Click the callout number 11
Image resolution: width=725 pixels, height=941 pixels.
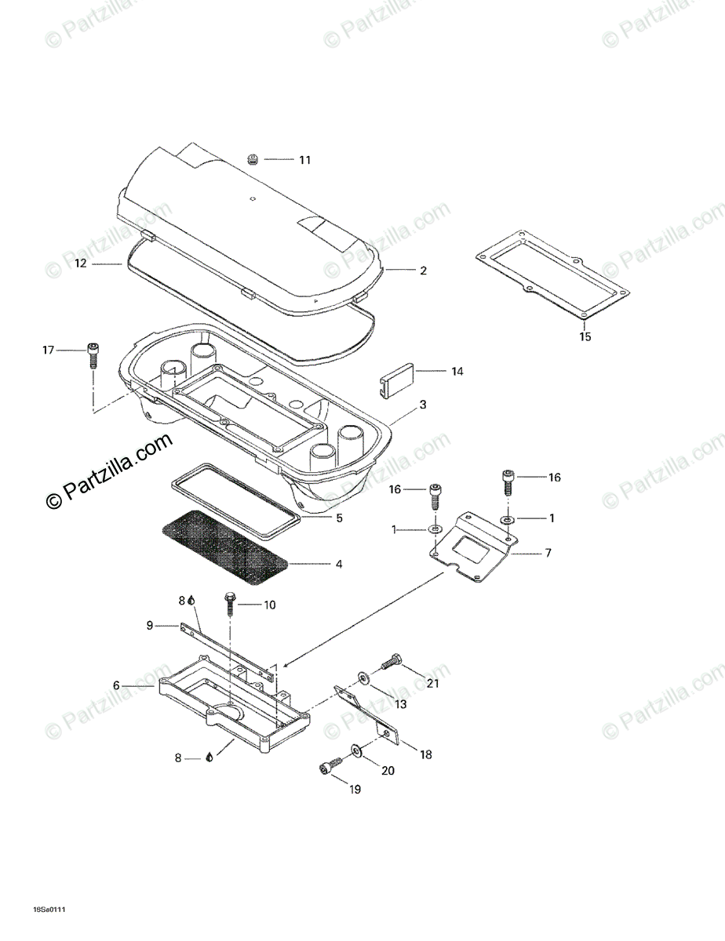click(304, 160)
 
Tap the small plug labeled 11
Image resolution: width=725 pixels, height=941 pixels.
click(253, 160)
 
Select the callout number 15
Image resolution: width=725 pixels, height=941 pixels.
click(585, 337)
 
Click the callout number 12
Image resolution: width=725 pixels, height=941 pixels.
click(81, 264)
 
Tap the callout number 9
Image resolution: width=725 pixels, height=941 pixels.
click(149, 625)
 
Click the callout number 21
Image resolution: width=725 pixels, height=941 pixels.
click(433, 683)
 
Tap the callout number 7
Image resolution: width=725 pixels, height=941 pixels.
click(548, 553)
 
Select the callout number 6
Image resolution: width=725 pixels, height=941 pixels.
click(116, 685)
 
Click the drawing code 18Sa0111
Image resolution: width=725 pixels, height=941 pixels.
click(48, 910)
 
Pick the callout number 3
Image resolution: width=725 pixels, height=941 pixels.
click(423, 405)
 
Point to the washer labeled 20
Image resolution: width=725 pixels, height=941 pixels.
click(357, 751)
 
